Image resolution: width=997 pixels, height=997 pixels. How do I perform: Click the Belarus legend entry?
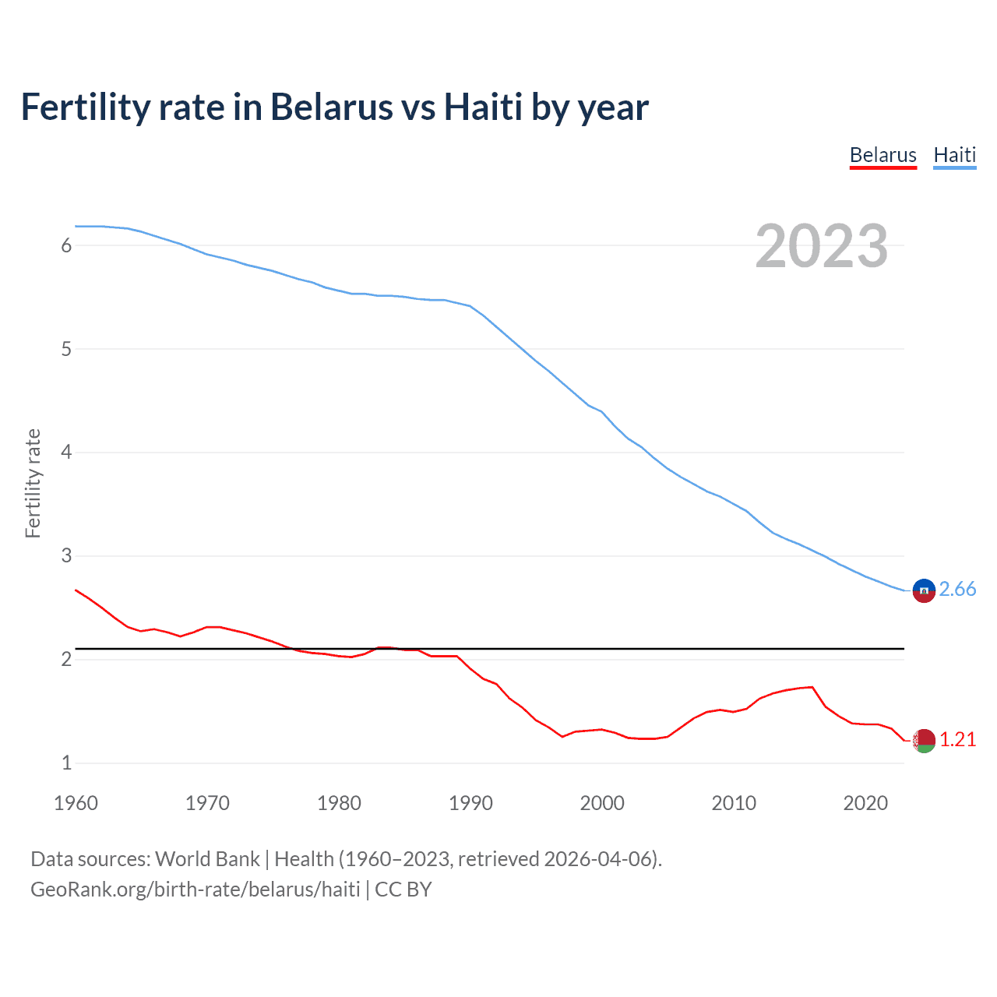883,155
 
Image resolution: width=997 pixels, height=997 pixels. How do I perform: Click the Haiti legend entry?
954,155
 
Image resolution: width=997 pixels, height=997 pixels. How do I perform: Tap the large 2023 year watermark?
821,246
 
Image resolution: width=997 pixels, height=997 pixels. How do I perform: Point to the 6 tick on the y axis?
66,245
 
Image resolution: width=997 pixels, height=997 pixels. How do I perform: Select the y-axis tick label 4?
66,452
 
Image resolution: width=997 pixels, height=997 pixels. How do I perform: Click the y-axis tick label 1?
66,763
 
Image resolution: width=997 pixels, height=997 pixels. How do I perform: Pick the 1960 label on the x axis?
76,803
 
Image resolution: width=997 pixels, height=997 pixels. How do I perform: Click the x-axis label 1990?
470,803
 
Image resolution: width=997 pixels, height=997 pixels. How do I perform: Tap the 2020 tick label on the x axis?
865,803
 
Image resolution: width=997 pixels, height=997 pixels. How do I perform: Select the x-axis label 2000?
602,803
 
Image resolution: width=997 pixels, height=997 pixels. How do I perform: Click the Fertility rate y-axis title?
33,483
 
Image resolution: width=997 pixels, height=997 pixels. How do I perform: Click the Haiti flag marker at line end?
924,591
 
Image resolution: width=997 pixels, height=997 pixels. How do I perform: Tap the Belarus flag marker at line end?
924,741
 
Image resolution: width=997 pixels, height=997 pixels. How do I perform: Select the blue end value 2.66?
957,590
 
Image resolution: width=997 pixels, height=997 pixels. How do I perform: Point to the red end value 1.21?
957,740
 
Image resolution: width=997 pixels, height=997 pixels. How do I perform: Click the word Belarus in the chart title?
332,107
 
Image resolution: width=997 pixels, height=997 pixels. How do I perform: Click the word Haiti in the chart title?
483,107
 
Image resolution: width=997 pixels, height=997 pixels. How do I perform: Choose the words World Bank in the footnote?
207,859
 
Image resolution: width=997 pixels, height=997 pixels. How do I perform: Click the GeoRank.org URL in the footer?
195,890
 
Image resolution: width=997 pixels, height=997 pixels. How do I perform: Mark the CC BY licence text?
403,890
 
